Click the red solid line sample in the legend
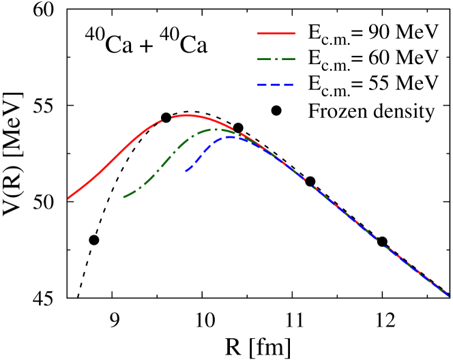[276, 33]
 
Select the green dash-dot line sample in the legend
[276, 59]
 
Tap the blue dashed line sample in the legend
[276, 85]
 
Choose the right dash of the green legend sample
[288, 59]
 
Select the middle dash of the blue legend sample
[276, 85]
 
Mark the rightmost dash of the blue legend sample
[289, 85]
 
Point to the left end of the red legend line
[258, 33]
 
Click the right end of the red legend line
[295, 33]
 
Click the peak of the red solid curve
[186, 115]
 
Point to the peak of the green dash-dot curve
[215, 129]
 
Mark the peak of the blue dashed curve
[231, 137]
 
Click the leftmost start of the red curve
[68, 198]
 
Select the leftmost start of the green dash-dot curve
[124, 197]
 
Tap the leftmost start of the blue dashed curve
[186, 170]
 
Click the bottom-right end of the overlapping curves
[448, 295]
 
